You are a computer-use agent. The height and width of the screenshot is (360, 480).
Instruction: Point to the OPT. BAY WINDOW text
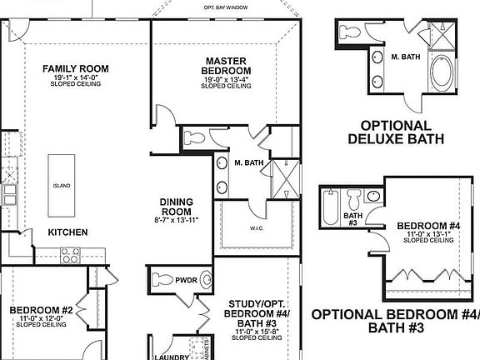[x=227, y=7]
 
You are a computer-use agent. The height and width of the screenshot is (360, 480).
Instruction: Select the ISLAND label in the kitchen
[x=61, y=186]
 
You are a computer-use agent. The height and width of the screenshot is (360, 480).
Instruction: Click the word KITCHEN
[x=67, y=232]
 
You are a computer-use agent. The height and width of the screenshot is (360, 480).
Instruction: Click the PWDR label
[x=186, y=281]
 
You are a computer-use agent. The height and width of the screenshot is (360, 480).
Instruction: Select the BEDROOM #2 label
[x=42, y=310]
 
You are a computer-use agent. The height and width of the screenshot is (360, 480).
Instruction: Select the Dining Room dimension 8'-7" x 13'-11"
[x=177, y=221]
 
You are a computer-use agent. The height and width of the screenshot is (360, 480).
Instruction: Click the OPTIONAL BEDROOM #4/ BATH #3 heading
[x=395, y=321]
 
